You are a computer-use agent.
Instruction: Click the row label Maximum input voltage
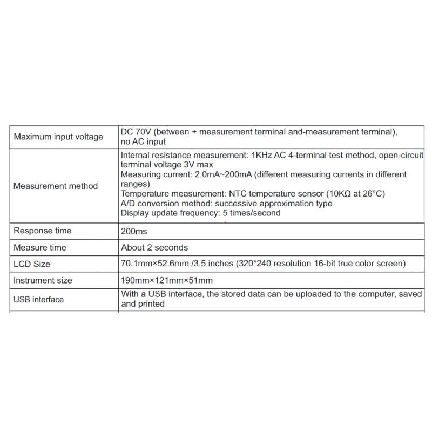(x=58, y=137)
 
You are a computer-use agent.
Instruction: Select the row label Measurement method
(x=56, y=186)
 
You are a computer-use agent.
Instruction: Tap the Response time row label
(x=43, y=231)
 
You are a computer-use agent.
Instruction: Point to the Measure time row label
(x=40, y=247)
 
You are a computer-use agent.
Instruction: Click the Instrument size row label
(x=43, y=280)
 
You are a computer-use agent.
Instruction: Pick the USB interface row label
(x=39, y=299)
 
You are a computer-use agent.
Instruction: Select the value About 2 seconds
(x=154, y=247)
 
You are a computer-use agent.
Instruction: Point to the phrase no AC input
(x=143, y=141)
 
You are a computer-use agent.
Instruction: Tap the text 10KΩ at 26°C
(x=352, y=193)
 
